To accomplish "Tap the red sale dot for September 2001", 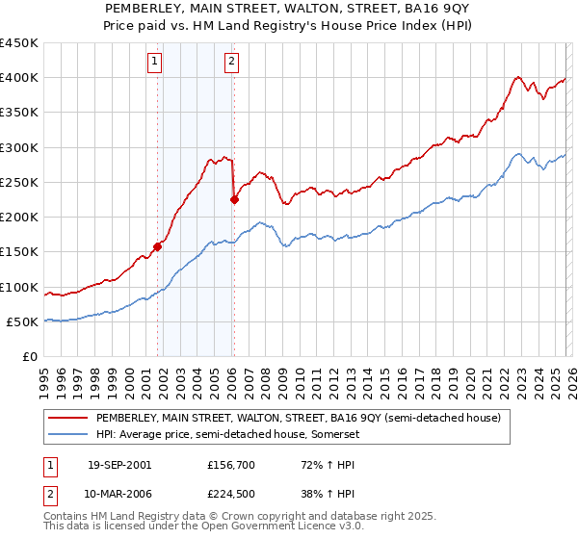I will point(158,246).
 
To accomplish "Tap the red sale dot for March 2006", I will point(234,200).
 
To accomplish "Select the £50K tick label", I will point(23,321).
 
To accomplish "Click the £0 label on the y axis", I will point(32,356).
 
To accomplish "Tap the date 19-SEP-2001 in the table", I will point(118,464).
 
